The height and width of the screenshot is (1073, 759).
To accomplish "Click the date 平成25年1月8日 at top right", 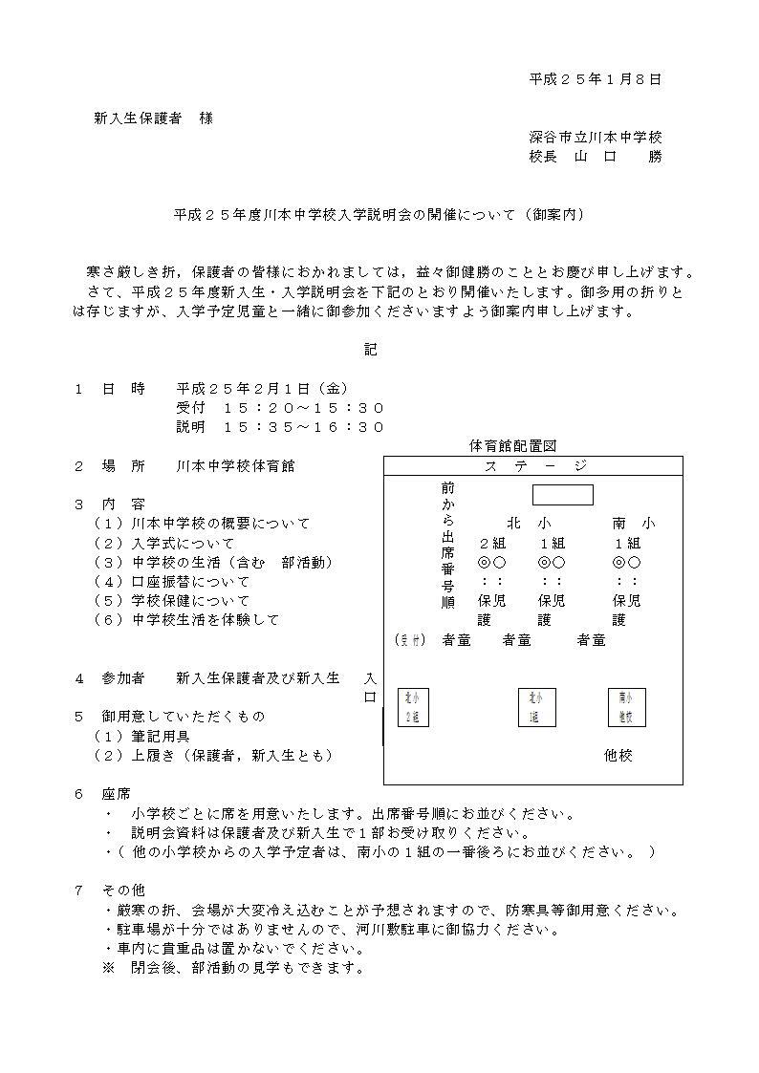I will click(595, 80).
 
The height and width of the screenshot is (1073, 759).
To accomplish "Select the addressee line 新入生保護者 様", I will click(153, 118).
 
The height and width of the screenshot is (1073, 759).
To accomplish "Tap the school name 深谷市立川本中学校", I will click(595, 138).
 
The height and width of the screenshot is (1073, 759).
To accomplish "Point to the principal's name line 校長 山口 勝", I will click(595, 157).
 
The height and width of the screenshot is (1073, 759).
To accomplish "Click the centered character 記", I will click(371, 350).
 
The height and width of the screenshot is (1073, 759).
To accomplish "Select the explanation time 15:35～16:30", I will click(303, 427).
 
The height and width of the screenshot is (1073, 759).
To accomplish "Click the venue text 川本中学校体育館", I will click(235, 466).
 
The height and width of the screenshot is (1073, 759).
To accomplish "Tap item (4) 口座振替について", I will click(172, 582).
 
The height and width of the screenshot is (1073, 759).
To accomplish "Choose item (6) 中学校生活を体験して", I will click(186, 620).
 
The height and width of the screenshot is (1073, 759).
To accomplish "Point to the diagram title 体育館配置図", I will click(513, 446).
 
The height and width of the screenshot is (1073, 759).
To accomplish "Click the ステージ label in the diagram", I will click(534, 466).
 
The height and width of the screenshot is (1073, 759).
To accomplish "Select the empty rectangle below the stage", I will click(562, 495).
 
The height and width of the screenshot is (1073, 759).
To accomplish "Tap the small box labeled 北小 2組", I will click(413, 708).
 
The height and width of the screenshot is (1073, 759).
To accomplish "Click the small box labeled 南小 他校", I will click(624, 708).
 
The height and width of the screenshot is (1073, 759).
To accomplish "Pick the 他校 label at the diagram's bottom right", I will click(618, 756).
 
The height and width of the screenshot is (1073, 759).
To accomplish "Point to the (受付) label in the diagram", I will click(409, 640).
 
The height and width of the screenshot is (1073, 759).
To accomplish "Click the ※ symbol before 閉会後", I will click(108, 968).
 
